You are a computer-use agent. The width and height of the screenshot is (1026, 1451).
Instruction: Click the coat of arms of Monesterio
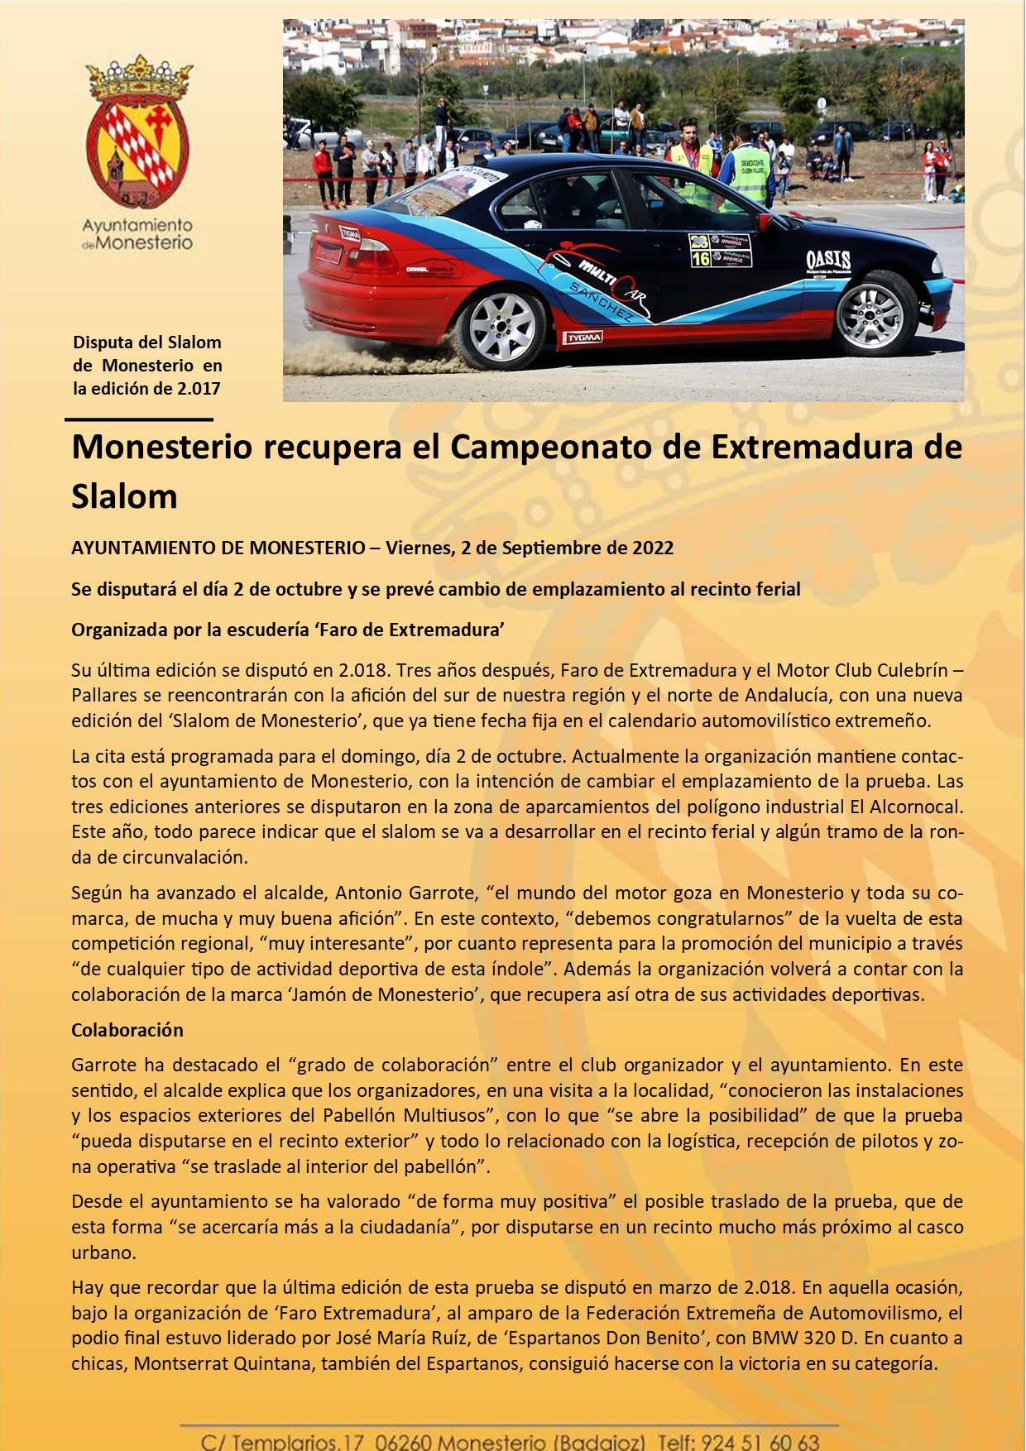click(x=138, y=132)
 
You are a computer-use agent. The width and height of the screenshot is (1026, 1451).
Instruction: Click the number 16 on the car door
click(x=701, y=259)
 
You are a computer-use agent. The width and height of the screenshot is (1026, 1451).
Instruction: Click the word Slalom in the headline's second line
click(x=124, y=496)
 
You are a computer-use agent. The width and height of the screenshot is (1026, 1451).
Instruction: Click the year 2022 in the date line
click(x=653, y=548)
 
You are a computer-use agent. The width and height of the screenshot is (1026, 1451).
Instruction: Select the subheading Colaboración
click(x=127, y=1030)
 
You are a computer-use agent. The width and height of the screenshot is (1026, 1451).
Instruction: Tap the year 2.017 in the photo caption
click(x=199, y=388)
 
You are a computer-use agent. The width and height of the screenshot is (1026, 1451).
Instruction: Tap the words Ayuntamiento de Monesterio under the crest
click(x=137, y=234)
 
